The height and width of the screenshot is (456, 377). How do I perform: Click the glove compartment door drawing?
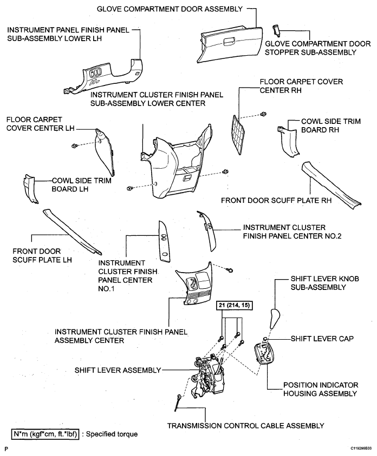click(230, 44)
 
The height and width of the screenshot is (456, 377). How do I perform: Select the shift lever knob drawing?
click(274, 319)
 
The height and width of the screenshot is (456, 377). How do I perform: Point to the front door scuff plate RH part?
click(332, 185)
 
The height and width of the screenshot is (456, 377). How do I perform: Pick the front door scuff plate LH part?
click(72, 232)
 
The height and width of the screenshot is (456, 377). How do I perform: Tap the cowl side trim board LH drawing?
click(30, 189)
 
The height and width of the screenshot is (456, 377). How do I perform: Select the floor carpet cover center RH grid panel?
click(239, 135)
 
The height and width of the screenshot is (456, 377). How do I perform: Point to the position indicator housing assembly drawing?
click(265, 353)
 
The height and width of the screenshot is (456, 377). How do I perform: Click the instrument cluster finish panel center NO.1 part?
click(164, 241)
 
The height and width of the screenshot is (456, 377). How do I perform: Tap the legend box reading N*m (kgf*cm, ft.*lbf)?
click(45, 434)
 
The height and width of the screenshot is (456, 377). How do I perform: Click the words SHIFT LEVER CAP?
click(322, 339)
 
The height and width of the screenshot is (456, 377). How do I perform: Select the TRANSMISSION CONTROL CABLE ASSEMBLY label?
click(245, 426)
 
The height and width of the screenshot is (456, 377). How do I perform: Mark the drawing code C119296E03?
click(361, 448)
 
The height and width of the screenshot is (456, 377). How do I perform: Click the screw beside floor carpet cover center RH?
click(263, 114)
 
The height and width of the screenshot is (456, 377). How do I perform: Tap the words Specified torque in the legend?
click(112, 434)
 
